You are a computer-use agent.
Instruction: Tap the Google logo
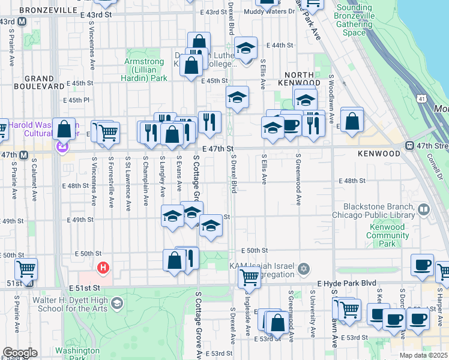pyautogui.click(x=20, y=353)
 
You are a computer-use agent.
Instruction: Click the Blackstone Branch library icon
pyautogui.click(x=424, y=209)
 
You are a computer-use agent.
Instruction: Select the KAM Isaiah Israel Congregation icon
pyautogui.click(x=304, y=268)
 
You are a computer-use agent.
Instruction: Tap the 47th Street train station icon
pyautogui.click(x=409, y=146)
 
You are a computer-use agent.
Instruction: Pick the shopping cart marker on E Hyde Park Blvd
pyautogui.click(x=249, y=277)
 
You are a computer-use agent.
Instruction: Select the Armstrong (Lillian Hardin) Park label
pyautogui.click(x=145, y=70)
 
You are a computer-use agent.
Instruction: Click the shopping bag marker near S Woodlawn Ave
pyautogui.click(x=352, y=119)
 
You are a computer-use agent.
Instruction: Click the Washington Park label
pyautogui.click(x=77, y=354)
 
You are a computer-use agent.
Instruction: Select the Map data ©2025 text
pyautogui.click(x=424, y=355)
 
